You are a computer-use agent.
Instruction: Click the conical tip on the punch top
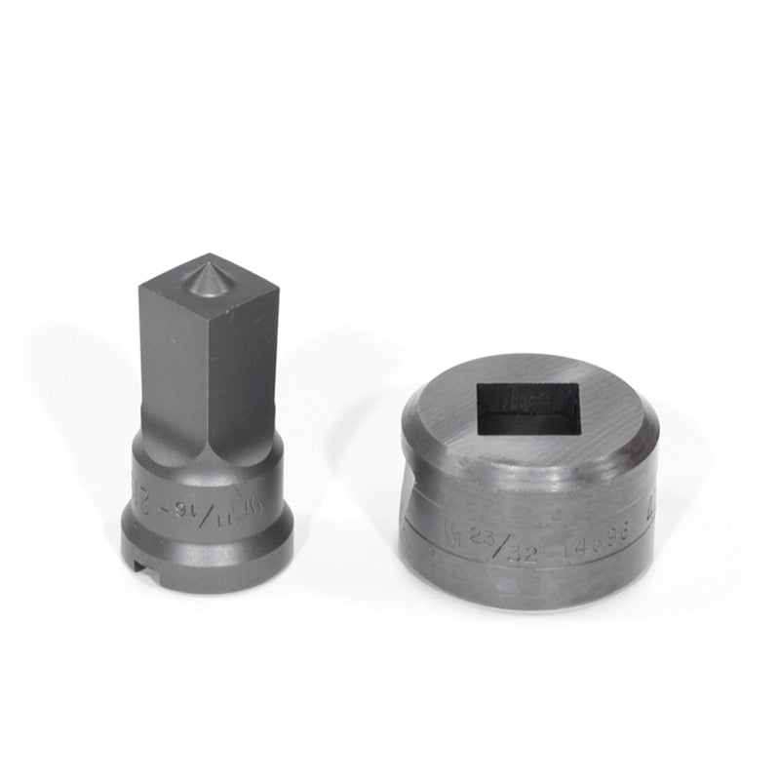pyautogui.click(x=210, y=278)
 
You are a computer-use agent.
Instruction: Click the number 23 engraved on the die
pyautogui.click(x=481, y=533)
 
